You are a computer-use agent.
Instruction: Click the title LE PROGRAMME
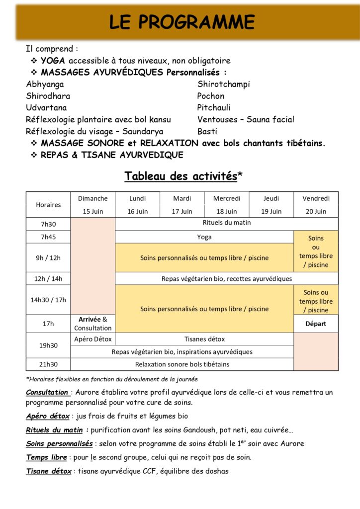pyautogui.click(x=181, y=22)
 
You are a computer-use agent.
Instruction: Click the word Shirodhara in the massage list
pyautogui.click(x=48, y=96)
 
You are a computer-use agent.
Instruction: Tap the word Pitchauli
pyautogui.click(x=214, y=107)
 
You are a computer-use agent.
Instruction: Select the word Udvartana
pyautogui.click(x=46, y=107)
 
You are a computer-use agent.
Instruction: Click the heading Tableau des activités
pyautogui.click(x=180, y=176)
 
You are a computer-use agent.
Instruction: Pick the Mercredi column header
pyautogui.click(x=227, y=198)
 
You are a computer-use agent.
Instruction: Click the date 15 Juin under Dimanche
pyautogui.click(x=93, y=211)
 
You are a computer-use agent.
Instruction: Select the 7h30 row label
pyautogui.click(x=48, y=224)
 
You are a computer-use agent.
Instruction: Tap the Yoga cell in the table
pyautogui.click(x=204, y=237)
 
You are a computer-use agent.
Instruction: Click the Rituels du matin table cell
pyautogui.click(x=227, y=223)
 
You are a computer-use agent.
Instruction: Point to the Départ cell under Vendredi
pyautogui.click(x=316, y=324)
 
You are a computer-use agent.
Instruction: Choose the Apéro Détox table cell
pyautogui.click(x=93, y=339)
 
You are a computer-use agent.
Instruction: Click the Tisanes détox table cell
pyautogui.click(x=204, y=339)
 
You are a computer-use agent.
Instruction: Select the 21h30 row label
pyautogui.click(x=48, y=364)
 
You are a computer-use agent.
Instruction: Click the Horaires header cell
pyautogui.click(x=48, y=205)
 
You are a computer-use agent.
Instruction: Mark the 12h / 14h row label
pyautogui.click(x=48, y=279)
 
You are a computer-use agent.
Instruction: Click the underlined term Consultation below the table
pyautogui.click(x=47, y=392)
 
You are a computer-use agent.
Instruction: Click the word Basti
pyautogui.click(x=207, y=131)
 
